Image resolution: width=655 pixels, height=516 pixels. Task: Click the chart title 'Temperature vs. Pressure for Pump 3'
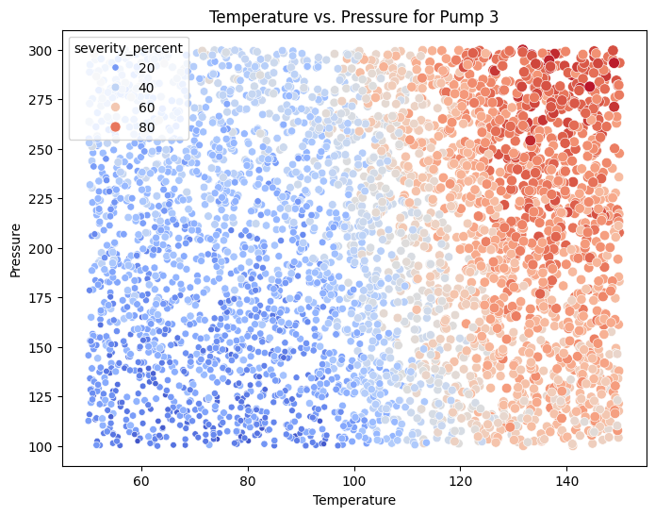point(353,16)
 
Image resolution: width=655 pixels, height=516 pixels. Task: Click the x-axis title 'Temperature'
point(353,499)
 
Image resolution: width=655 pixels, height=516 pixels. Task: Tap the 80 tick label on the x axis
point(248,479)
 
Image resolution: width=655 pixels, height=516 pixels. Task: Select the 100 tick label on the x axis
point(354,479)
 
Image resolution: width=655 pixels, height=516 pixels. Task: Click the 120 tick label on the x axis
point(461,479)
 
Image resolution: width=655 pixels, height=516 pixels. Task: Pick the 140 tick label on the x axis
point(566,479)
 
